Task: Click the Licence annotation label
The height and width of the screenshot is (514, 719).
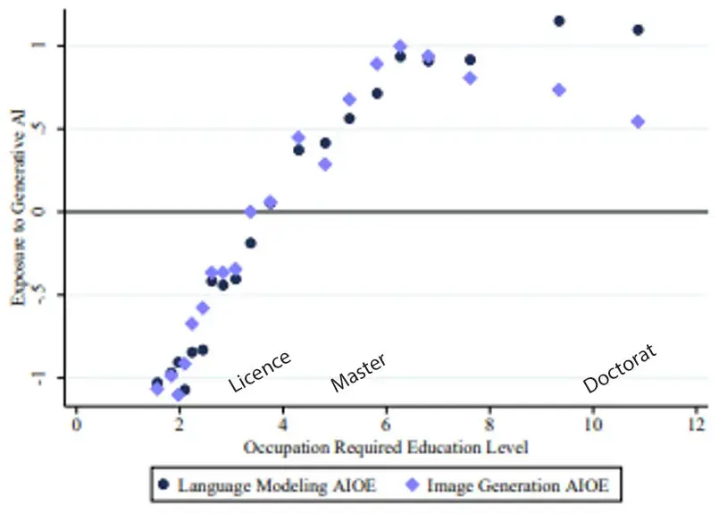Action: [x=259, y=370]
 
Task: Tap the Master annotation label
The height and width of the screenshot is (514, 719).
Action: [x=358, y=373]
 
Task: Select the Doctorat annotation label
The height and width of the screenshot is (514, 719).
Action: [x=619, y=369]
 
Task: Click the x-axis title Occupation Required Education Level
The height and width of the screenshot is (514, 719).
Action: [x=385, y=445]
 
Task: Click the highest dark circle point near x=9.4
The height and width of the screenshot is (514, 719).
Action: [x=559, y=21]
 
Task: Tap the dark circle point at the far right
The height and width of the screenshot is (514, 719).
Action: [x=638, y=29]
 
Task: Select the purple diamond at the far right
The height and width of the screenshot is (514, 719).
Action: [x=638, y=122]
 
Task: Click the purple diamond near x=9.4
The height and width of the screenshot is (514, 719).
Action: [x=559, y=89]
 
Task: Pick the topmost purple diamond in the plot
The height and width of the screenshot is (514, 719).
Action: [x=400, y=46]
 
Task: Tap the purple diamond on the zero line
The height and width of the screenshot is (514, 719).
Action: [x=251, y=212]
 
